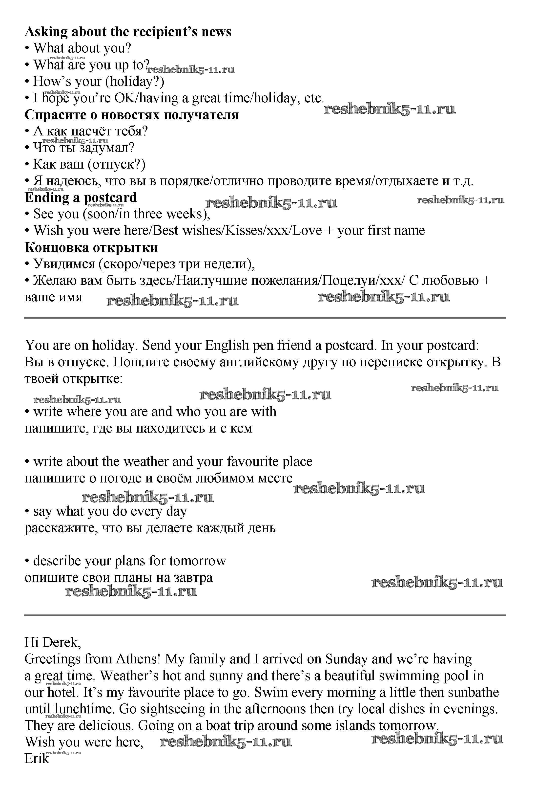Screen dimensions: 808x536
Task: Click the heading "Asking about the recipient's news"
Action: click(x=128, y=32)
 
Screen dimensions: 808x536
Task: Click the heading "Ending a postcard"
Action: click(x=81, y=198)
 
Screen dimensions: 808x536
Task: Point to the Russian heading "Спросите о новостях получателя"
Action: click(x=132, y=115)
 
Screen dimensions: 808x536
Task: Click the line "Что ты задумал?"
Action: click(x=84, y=148)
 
